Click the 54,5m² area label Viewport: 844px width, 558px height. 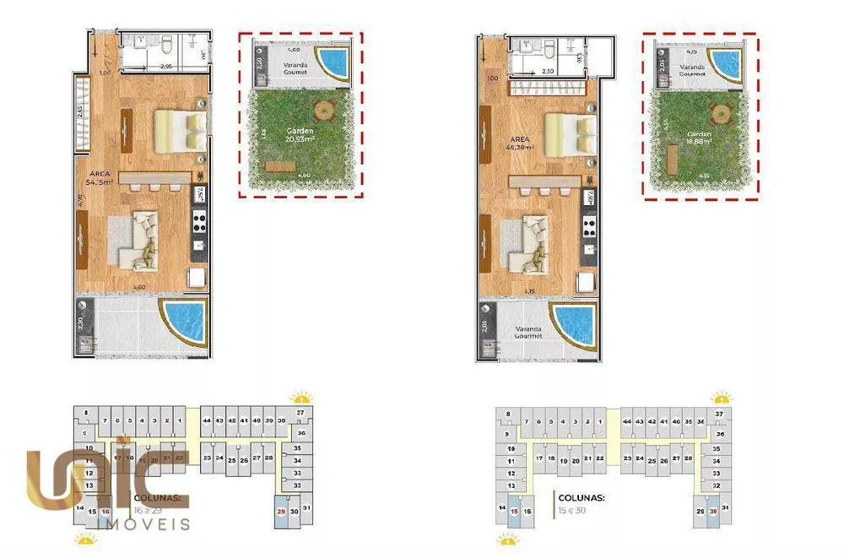click(x=99, y=176)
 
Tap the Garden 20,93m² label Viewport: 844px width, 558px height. click(x=300, y=137)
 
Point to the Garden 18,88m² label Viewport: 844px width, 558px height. click(x=698, y=138)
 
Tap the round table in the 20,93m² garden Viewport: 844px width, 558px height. click(x=323, y=109)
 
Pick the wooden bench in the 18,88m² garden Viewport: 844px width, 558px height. click(x=673, y=158)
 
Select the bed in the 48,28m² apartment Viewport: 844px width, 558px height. click(x=567, y=133)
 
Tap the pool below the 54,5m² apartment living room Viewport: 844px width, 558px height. click(x=186, y=322)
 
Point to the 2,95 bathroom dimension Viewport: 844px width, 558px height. click(x=166, y=66)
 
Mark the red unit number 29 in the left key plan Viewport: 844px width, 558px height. click(x=280, y=511)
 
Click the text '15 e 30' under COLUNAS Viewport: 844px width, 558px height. click(x=576, y=510)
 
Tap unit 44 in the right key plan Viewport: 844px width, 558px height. click(x=627, y=420)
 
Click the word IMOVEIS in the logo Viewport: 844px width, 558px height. click(x=144, y=525)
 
